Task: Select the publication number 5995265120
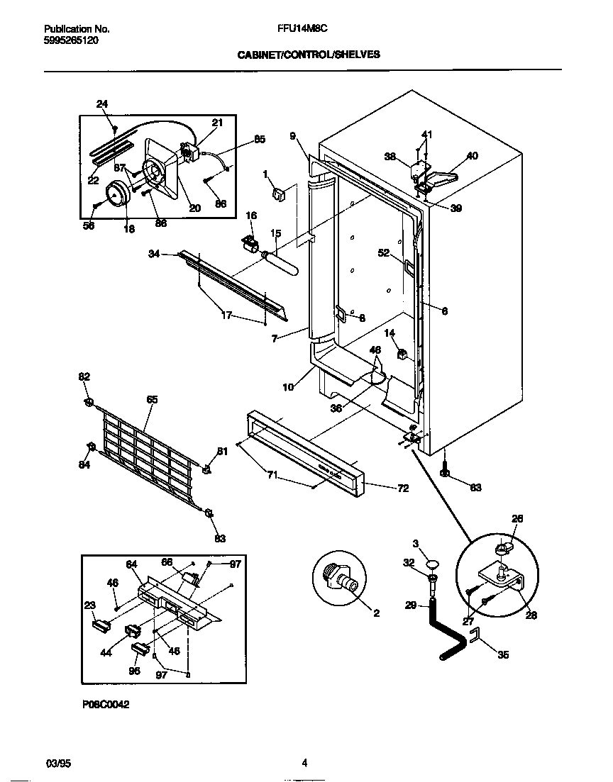[71, 40]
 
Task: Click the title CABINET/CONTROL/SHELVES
[303, 53]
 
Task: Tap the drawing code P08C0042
[105, 705]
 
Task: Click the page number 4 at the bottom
[304, 763]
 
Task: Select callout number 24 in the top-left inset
[102, 104]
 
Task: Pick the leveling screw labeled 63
[445, 469]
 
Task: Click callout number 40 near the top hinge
[473, 156]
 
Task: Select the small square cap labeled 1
[277, 193]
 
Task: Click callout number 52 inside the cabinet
[385, 252]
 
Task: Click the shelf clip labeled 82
[89, 403]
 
